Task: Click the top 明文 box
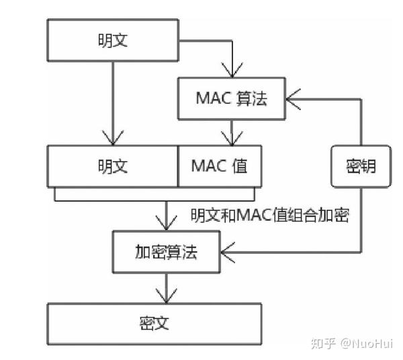point(112,40)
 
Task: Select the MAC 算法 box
point(232,98)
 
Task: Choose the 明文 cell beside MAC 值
point(112,166)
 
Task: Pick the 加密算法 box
point(166,253)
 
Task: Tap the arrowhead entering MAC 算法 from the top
point(232,71)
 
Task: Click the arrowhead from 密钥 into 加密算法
point(227,253)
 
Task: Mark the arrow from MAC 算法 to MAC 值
point(232,132)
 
